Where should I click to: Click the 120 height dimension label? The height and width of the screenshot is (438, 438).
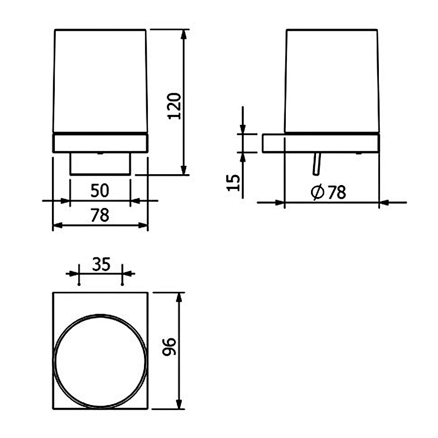pos(174,106)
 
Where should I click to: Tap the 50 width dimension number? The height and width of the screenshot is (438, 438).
pos(100,191)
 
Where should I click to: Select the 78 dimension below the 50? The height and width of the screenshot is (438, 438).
pos(100,215)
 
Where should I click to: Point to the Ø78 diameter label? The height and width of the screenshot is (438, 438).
pos(328,192)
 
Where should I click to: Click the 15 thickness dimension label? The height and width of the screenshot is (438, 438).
pos(234,183)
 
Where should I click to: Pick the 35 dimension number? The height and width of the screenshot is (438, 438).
pos(101,264)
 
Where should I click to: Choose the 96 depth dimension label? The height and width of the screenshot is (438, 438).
pos(169,347)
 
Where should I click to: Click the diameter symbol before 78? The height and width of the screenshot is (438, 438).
pos(318,193)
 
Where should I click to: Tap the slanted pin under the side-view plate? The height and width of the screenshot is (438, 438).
pos(317,164)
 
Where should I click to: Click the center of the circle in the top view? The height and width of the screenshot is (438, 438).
pos(100,361)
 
